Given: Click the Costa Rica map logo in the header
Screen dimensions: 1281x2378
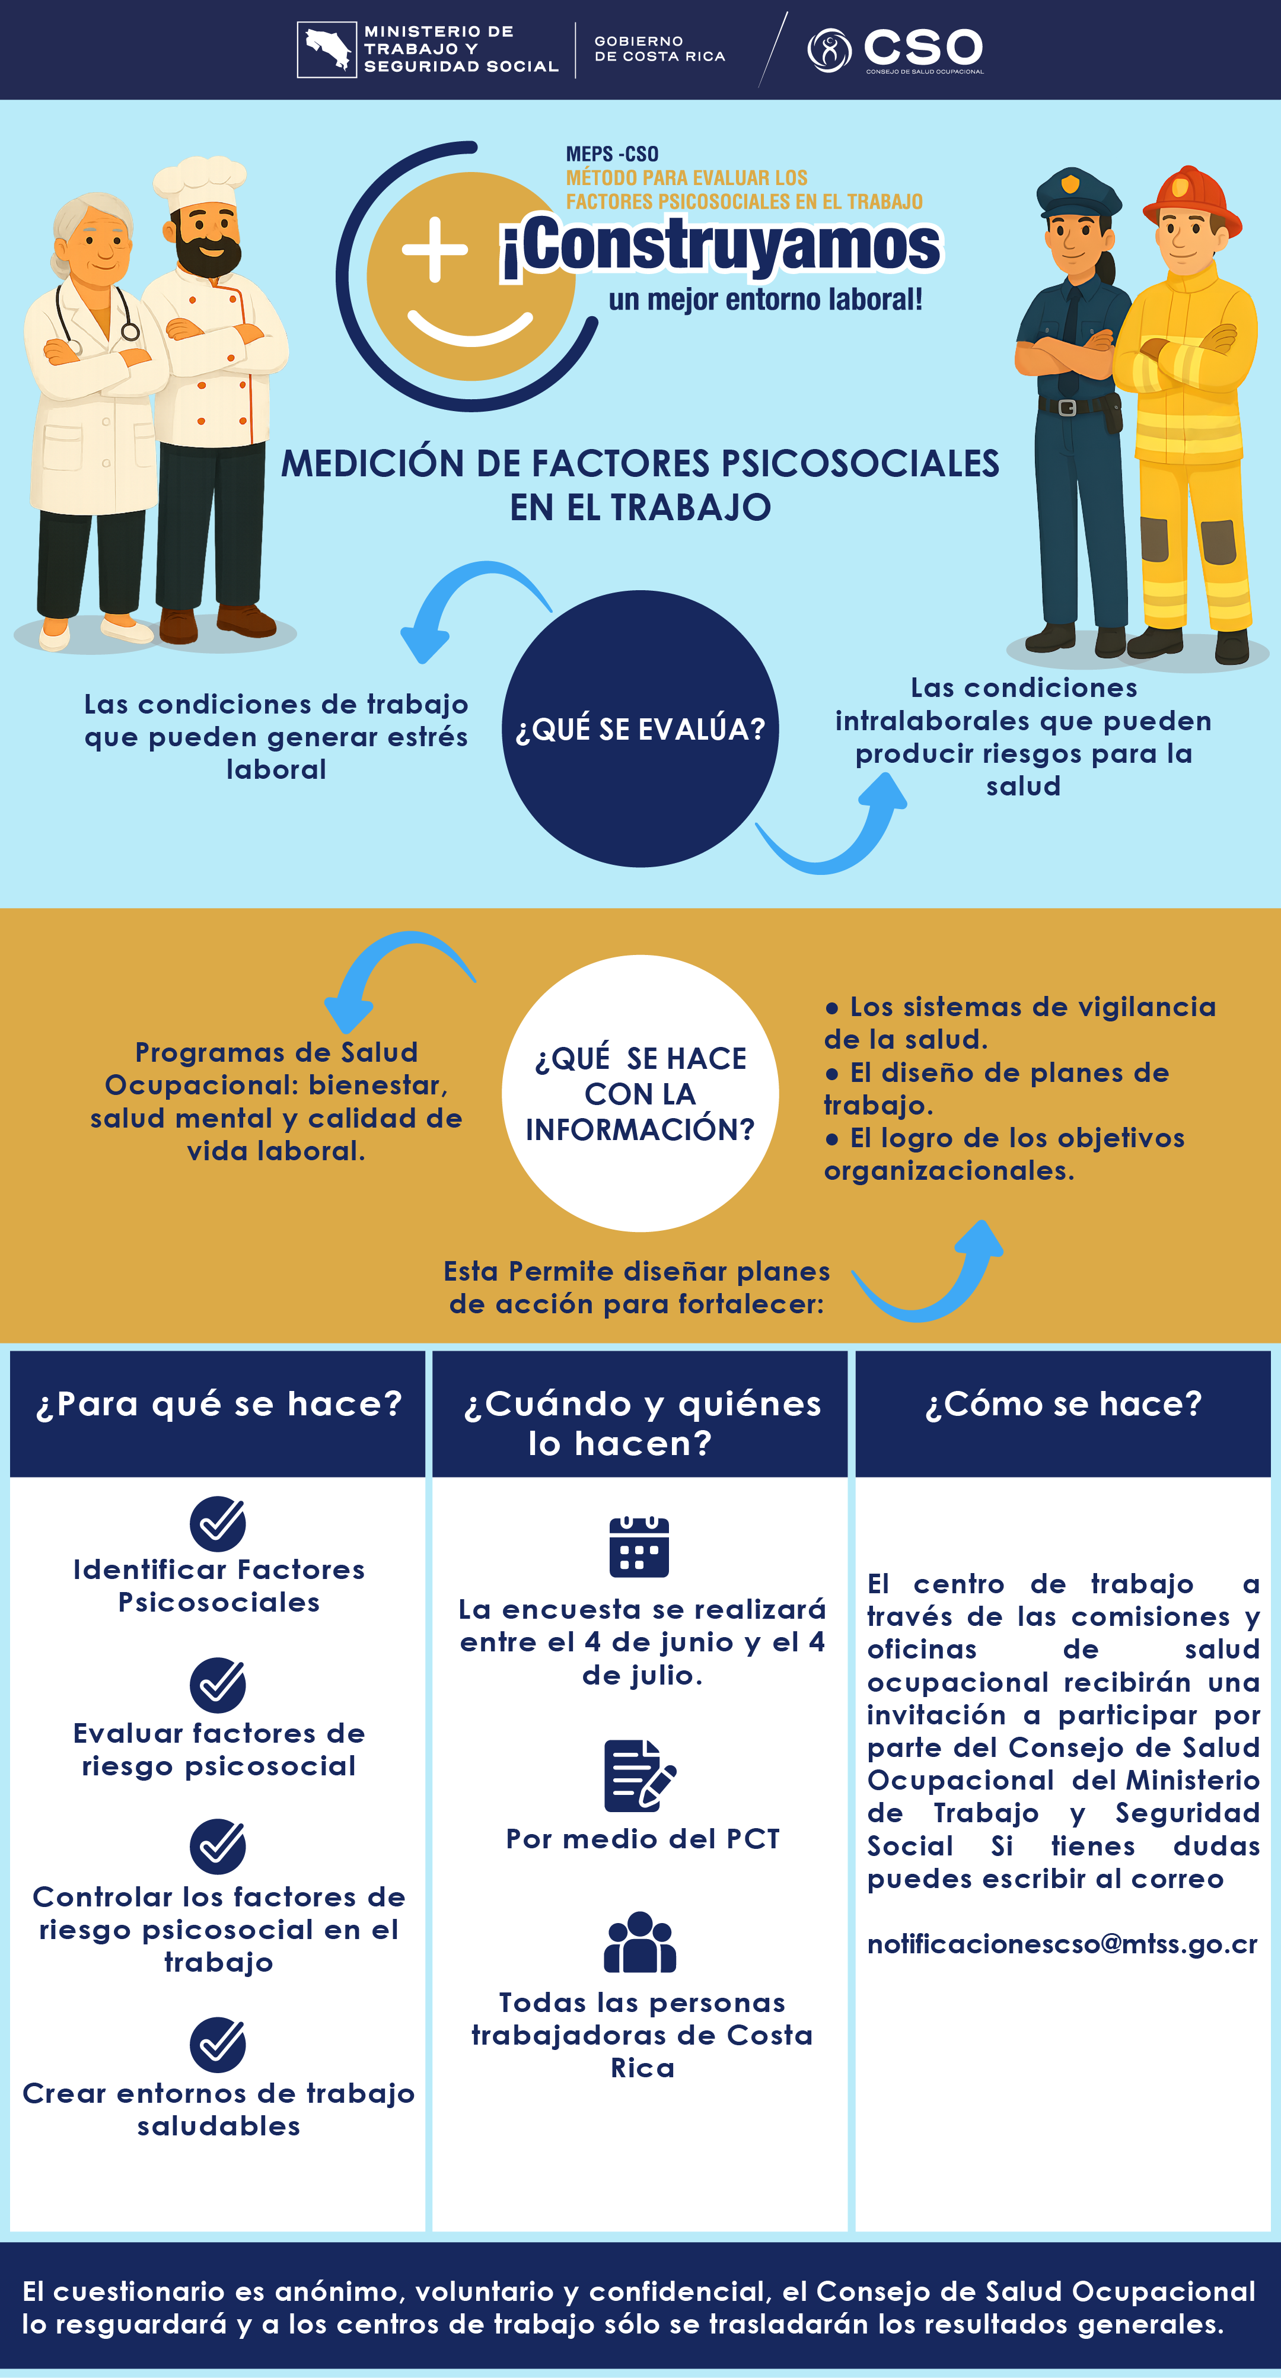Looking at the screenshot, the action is pyautogui.click(x=327, y=50).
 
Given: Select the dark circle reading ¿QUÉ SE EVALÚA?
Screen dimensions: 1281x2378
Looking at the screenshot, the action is pyautogui.click(x=640, y=728).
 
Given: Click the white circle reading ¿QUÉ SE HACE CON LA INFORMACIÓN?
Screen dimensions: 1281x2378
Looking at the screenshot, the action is pyautogui.click(x=640, y=1093).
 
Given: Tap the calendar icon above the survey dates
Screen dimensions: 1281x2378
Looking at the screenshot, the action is pyautogui.click(x=639, y=1546).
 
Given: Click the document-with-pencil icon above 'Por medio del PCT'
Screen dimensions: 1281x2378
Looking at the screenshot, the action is pyautogui.click(x=639, y=1775).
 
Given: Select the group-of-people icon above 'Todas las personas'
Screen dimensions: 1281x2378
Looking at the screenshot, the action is pyautogui.click(x=639, y=1941).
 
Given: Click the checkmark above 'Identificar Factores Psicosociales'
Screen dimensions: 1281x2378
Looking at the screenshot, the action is pyautogui.click(x=218, y=1523).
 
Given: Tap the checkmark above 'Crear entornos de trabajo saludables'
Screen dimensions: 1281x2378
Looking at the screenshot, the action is pyautogui.click(x=218, y=2045).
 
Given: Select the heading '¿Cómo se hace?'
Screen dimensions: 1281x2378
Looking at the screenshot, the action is pyautogui.click(x=1063, y=1403).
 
